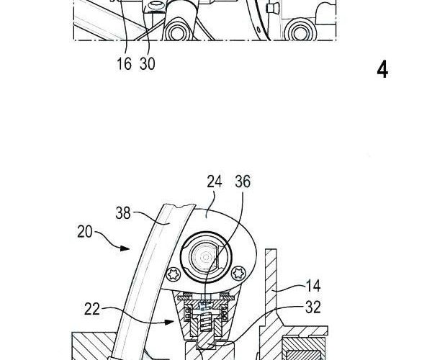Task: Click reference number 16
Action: tap(124, 64)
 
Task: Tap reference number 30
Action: tap(148, 64)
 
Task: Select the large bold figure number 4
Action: tap(383, 71)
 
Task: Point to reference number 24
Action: tap(215, 181)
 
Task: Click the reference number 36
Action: tap(243, 181)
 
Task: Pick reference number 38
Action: tap(123, 213)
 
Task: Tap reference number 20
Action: tap(84, 232)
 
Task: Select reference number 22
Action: tap(91, 309)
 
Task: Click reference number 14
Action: tap(313, 286)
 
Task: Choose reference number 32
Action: tap(313, 307)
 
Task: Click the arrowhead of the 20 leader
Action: tap(125, 248)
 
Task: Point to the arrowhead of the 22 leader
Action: tap(169, 322)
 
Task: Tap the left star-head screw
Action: tap(174, 274)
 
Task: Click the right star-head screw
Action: tap(238, 273)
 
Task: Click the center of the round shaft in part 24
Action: tap(205, 257)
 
